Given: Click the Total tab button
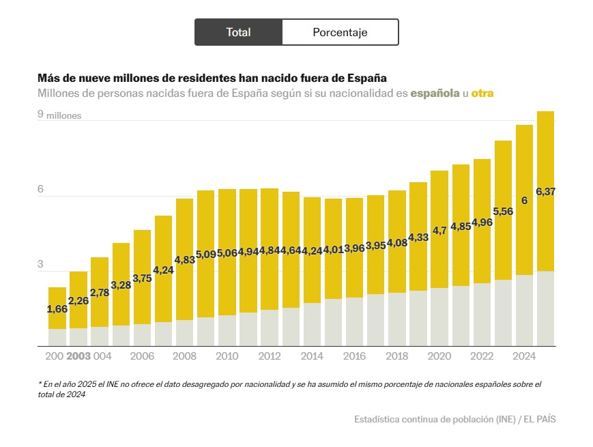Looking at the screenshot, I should (238, 32).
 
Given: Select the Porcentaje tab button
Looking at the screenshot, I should (340, 32).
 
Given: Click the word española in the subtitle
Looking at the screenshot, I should (435, 93).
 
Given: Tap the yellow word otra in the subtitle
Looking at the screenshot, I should (482, 93).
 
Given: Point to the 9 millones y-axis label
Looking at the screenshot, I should (59, 115).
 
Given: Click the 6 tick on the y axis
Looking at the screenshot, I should (40, 189).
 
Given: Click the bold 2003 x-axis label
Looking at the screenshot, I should (78, 356).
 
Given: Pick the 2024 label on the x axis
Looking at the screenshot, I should (524, 356).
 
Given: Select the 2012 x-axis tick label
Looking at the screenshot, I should (270, 356).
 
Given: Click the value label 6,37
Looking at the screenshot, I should (546, 192).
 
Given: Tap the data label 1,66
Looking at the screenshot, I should (57, 309).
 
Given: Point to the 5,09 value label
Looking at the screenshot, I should (206, 255).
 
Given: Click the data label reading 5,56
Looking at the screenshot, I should (503, 212).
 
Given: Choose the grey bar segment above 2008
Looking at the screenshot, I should (185, 333).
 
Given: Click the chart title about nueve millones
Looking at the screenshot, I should (212, 78).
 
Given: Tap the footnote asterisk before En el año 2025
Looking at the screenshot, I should (40, 384).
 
